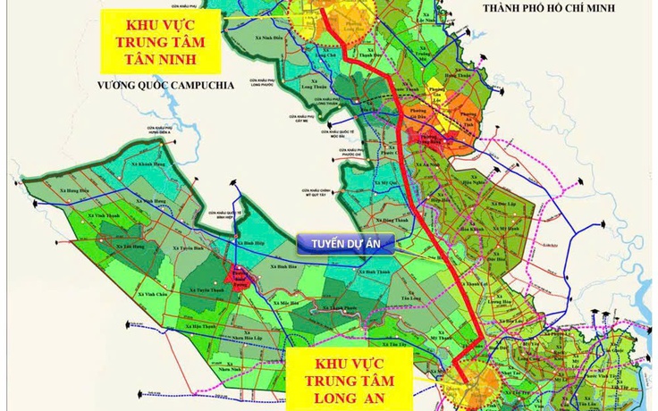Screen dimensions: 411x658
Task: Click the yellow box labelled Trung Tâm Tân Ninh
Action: [x=162, y=40]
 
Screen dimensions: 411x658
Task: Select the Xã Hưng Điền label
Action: [x=77, y=189]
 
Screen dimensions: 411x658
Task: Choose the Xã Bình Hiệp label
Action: [x=257, y=242]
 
